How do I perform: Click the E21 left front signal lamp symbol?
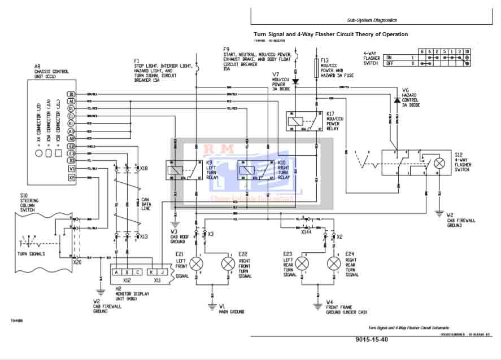[x=197, y=264]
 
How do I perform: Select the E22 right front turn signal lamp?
[x=228, y=264]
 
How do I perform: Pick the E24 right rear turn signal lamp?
[x=334, y=264]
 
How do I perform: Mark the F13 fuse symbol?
[x=316, y=68]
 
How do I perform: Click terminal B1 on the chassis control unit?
[x=71, y=94]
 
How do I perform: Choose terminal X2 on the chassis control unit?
[x=71, y=178]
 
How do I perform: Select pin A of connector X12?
[x=116, y=271]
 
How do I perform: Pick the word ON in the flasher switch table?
[x=389, y=58]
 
